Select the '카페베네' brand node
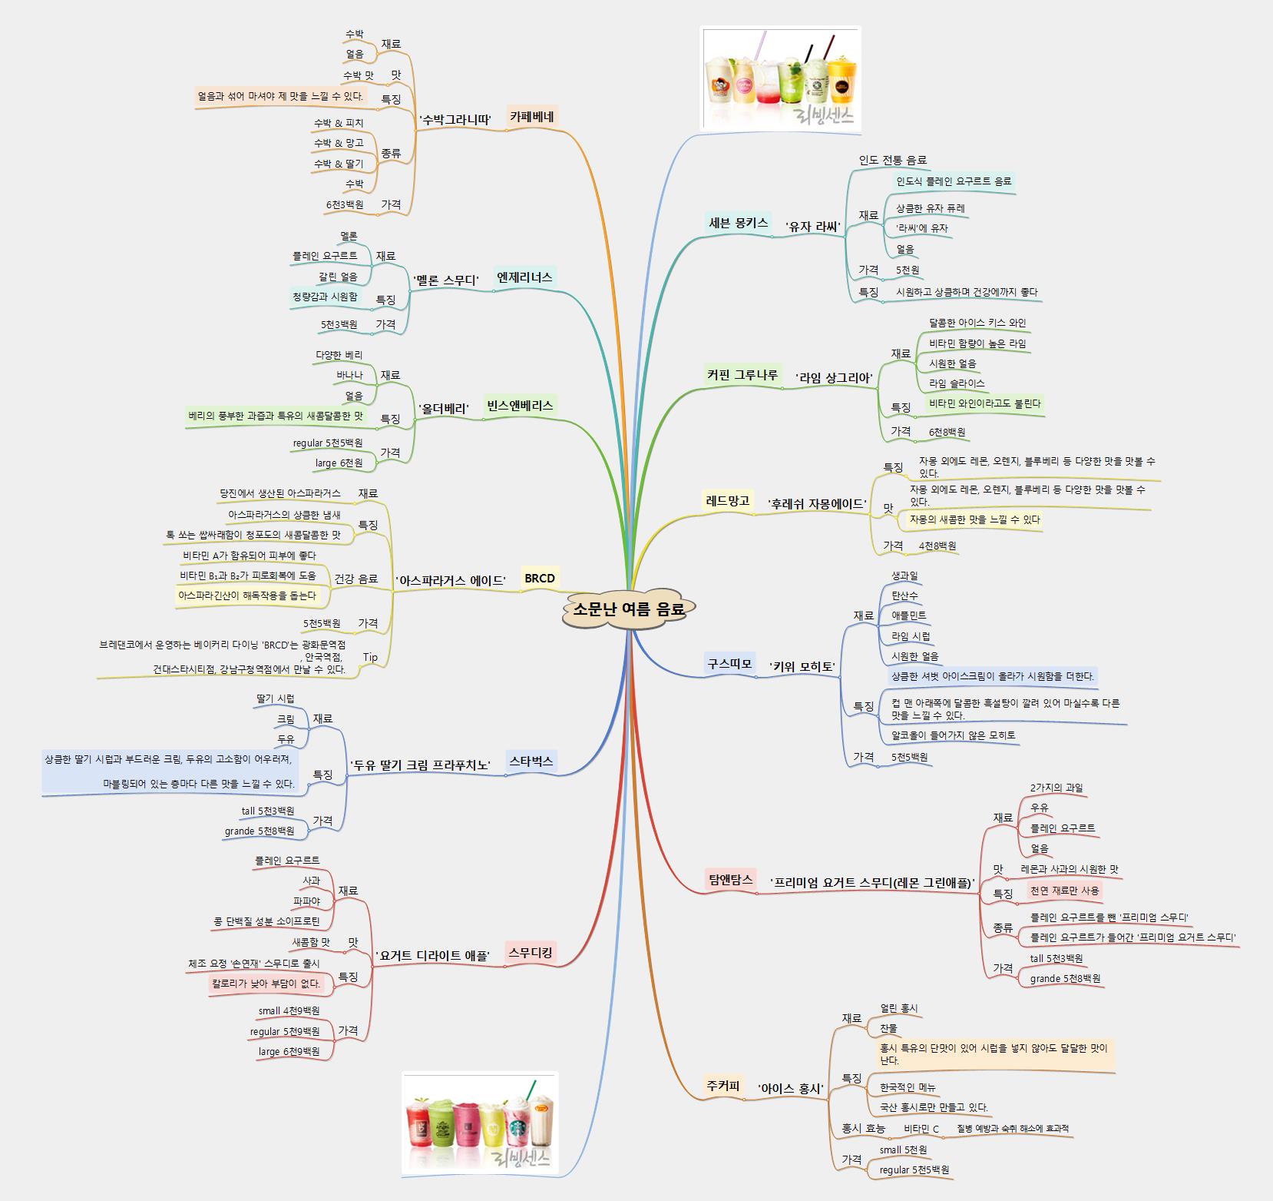coord(531,117)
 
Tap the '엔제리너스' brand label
coord(524,277)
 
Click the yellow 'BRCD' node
coord(539,578)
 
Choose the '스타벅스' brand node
coord(531,761)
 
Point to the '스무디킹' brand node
coord(530,953)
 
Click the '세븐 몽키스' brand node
coord(738,223)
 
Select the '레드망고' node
coord(727,501)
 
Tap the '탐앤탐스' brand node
coord(729,878)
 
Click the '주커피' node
coord(722,1086)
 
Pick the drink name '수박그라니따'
coord(455,119)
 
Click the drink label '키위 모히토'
coord(802,666)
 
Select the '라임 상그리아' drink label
coord(834,377)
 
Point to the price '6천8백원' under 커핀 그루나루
coord(947,433)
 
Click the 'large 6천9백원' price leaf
coord(289,1051)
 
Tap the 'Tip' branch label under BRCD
coord(370,657)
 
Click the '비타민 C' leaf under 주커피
coord(921,1129)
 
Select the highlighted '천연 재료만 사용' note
coord(1064,891)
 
